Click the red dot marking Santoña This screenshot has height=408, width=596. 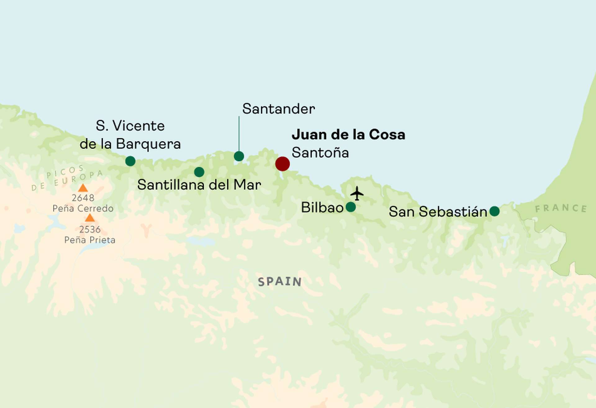[x=282, y=164]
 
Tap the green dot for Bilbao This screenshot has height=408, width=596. [x=350, y=207]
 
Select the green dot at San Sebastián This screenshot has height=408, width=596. [x=494, y=211]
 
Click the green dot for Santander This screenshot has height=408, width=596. [x=239, y=156]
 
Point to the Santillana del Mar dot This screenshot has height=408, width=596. [x=199, y=172]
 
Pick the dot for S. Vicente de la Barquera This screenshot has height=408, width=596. [x=130, y=161]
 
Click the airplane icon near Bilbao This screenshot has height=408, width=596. [x=357, y=193]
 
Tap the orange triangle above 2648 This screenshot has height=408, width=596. [x=83, y=188]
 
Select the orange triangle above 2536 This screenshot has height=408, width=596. [x=90, y=218]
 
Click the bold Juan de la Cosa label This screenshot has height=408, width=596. [x=348, y=134]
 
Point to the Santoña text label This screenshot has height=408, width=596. [x=320, y=152]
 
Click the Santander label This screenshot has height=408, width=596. [x=278, y=109]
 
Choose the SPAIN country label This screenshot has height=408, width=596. [x=280, y=282]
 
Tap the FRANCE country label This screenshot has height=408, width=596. [x=561, y=208]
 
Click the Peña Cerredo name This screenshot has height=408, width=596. [x=83, y=208]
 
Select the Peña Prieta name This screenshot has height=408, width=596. [x=90, y=240]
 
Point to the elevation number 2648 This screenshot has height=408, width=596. [x=83, y=198]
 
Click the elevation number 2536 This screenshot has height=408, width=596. [x=90, y=229]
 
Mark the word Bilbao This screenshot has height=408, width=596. [x=322, y=207]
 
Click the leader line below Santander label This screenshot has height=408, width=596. [x=239, y=134]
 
